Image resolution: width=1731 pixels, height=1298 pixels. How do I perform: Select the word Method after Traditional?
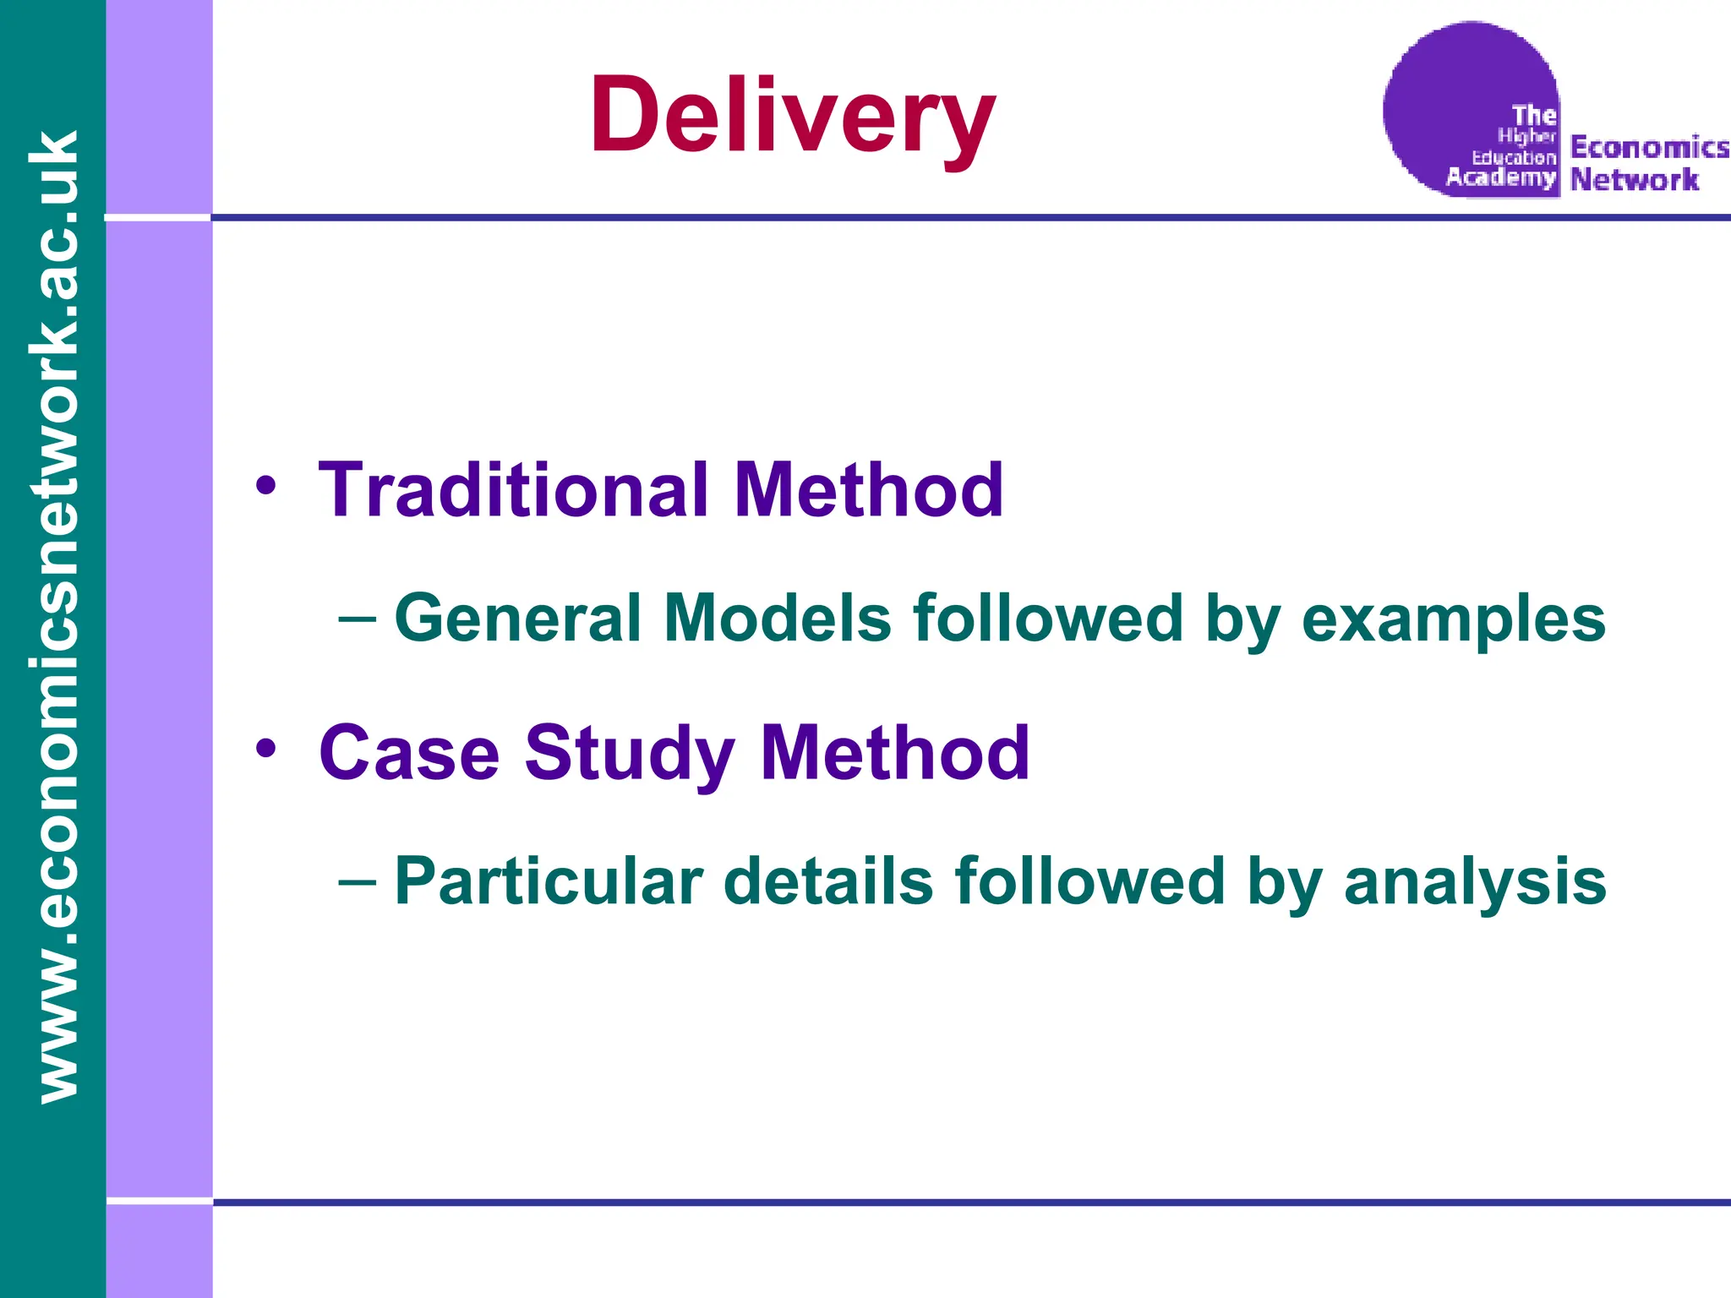coord(869,490)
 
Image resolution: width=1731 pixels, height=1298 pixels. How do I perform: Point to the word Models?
coord(777,619)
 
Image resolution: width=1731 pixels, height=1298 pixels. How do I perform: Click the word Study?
coord(630,755)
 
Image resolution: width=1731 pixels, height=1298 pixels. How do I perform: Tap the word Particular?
coord(549,882)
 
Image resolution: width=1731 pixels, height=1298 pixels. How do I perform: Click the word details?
coord(828,882)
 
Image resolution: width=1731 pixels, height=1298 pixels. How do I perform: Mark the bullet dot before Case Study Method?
coord(266,749)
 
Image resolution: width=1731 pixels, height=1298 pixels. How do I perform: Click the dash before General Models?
coord(357,619)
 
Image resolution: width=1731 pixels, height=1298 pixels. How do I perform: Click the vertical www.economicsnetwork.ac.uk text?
coord(53,617)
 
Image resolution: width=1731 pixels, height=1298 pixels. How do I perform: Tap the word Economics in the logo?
coord(1649,148)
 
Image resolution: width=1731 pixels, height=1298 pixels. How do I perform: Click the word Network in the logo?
coord(1634,180)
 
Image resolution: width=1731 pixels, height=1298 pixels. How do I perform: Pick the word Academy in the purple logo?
coord(1500,177)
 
